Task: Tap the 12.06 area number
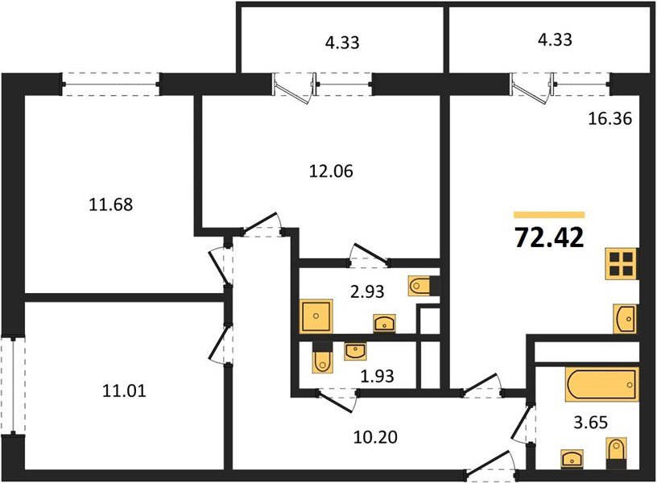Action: pyautogui.click(x=332, y=171)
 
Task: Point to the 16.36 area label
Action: pyautogui.click(x=609, y=119)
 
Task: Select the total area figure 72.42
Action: pyautogui.click(x=549, y=238)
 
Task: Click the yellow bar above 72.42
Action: pyautogui.click(x=549, y=215)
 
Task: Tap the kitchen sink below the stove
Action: pyautogui.click(x=625, y=319)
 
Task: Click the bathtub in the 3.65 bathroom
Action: pyautogui.click(x=601, y=383)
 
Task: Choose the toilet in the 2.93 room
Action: pyautogui.click(x=420, y=286)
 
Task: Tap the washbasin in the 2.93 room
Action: pyautogui.click(x=385, y=324)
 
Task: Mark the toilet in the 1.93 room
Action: pyautogui.click(x=322, y=360)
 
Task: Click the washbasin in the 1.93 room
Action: pyautogui.click(x=353, y=350)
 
